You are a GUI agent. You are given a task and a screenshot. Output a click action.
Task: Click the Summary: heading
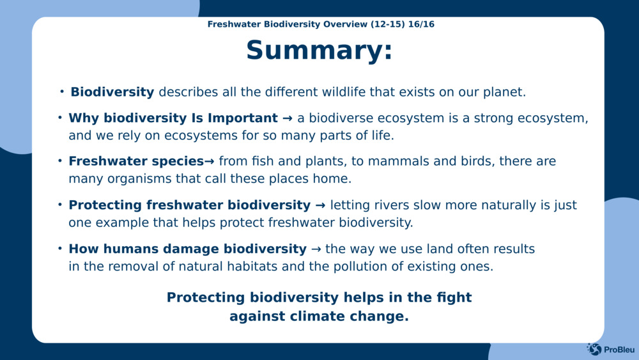tap(319, 51)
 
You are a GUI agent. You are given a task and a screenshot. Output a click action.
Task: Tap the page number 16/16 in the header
tap(421, 24)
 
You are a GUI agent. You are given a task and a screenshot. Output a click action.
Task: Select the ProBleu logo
tap(610, 349)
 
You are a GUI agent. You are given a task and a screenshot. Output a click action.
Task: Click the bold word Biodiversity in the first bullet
tap(112, 92)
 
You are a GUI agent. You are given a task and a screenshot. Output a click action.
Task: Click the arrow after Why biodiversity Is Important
tap(288, 118)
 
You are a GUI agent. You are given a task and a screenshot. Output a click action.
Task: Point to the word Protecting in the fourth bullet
tap(105, 205)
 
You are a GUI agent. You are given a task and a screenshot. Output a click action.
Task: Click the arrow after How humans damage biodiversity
tap(316, 249)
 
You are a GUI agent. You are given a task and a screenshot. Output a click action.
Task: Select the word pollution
tap(363, 267)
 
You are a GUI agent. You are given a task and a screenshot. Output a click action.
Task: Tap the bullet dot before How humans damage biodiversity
tap(60, 248)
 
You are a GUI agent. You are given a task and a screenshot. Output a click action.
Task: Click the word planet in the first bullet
tap(505, 92)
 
